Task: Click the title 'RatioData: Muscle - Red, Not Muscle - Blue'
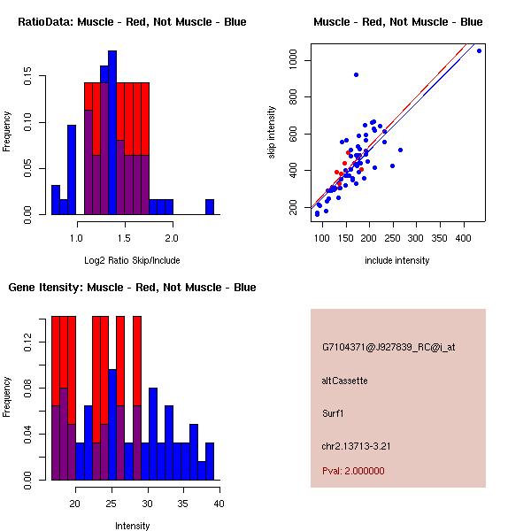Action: [132, 21]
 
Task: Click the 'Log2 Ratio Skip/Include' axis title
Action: [132, 260]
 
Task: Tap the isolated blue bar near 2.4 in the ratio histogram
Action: [210, 206]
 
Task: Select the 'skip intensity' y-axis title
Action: [272, 133]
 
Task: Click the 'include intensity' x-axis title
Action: [397, 260]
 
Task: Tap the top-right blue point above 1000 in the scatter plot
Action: [479, 50]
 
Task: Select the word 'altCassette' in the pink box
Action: [344, 381]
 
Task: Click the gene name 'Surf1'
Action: [333, 412]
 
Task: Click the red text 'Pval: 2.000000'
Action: [353, 471]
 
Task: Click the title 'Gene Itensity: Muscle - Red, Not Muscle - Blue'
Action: [132, 288]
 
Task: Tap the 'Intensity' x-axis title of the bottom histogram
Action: [132, 526]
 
